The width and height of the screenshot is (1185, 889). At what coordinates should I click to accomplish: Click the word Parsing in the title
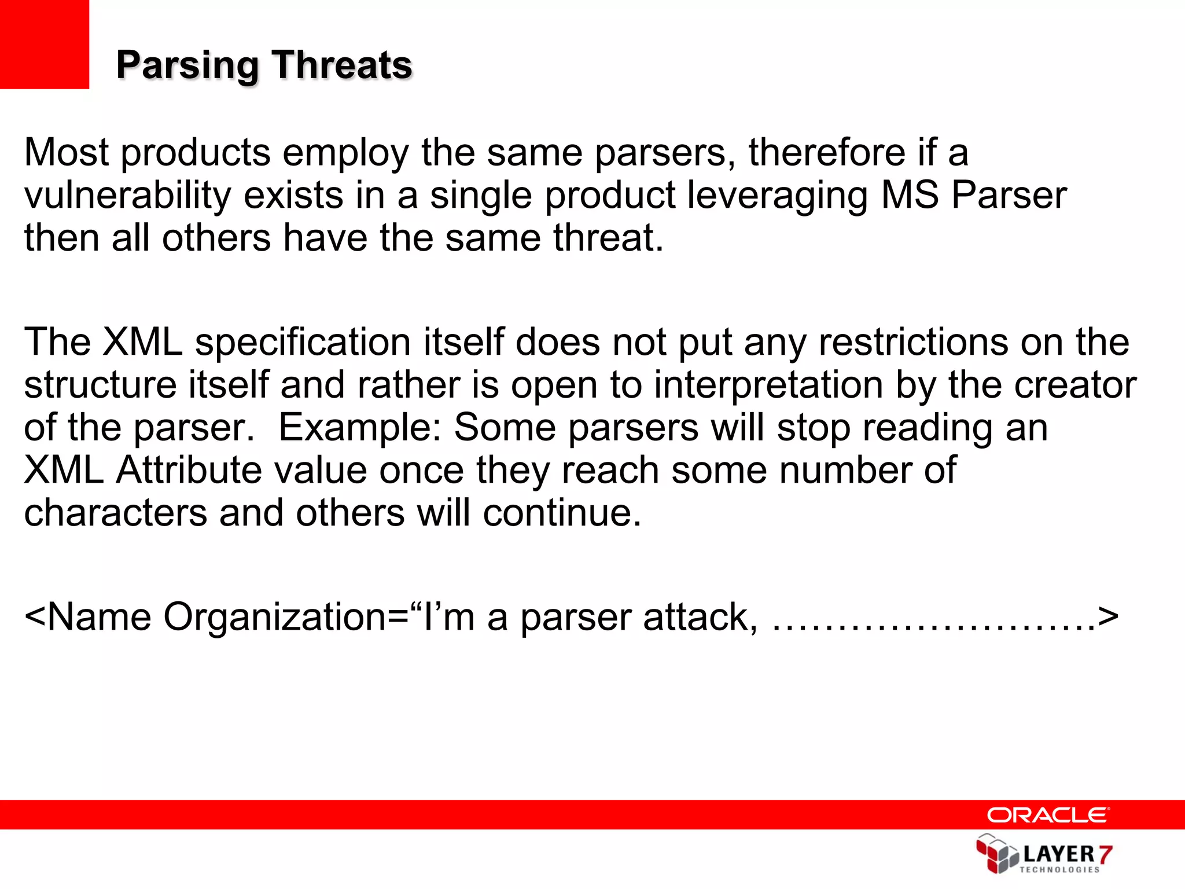tap(187, 65)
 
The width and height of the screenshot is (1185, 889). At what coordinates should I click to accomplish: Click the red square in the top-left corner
tap(44, 44)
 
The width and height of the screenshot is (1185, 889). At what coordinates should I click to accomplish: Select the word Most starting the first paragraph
tap(66, 152)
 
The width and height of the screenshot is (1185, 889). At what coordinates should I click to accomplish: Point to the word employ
tap(345, 153)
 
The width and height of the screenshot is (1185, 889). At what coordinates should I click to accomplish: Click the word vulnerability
tap(127, 196)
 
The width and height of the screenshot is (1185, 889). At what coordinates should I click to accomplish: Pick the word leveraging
tap(777, 196)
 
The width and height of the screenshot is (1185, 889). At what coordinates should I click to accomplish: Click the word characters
tap(115, 513)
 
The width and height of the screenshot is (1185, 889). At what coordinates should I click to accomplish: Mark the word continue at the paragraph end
tap(562, 513)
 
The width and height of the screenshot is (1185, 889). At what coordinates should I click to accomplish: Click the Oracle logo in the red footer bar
tap(1048, 815)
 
